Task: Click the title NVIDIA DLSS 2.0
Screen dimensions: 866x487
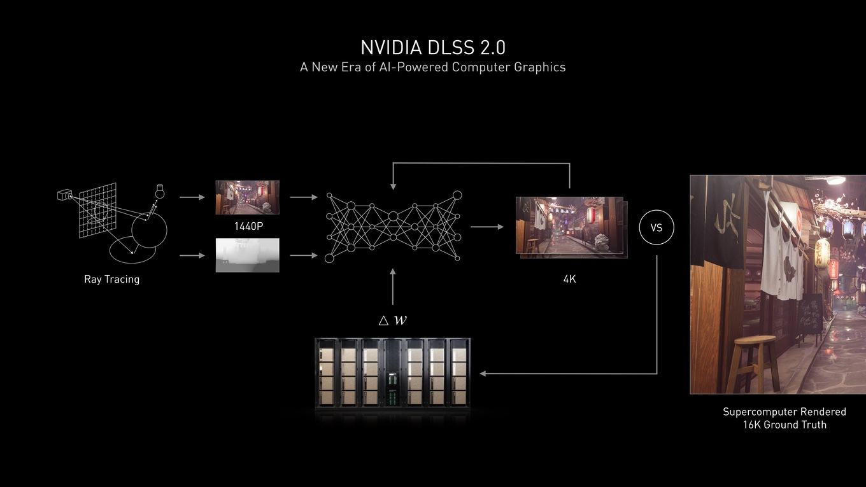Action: tap(433, 48)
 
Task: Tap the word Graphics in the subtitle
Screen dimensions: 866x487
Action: tap(539, 67)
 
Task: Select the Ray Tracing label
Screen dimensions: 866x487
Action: tap(111, 279)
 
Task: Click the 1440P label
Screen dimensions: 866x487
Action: tap(248, 226)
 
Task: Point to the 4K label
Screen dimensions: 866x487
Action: tap(569, 279)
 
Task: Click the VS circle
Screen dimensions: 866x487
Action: tap(657, 211)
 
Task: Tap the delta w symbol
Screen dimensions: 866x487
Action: tap(393, 320)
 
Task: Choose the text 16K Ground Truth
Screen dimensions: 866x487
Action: tap(784, 425)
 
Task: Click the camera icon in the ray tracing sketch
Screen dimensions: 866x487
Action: tap(64, 195)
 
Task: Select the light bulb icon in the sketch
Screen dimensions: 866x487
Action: tap(159, 192)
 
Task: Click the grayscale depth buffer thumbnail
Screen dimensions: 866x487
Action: tap(248, 255)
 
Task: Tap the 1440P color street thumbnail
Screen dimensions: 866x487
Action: tap(248, 197)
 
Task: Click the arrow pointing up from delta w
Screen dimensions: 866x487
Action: tap(393, 286)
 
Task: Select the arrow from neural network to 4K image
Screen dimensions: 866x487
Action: tap(487, 227)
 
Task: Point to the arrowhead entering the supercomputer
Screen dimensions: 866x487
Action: tap(483, 374)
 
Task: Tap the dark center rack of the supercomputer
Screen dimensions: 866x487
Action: tap(392, 373)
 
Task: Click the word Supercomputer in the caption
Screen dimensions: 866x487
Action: tap(755, 412)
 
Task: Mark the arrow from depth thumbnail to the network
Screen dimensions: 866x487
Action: tap(304, 255)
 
